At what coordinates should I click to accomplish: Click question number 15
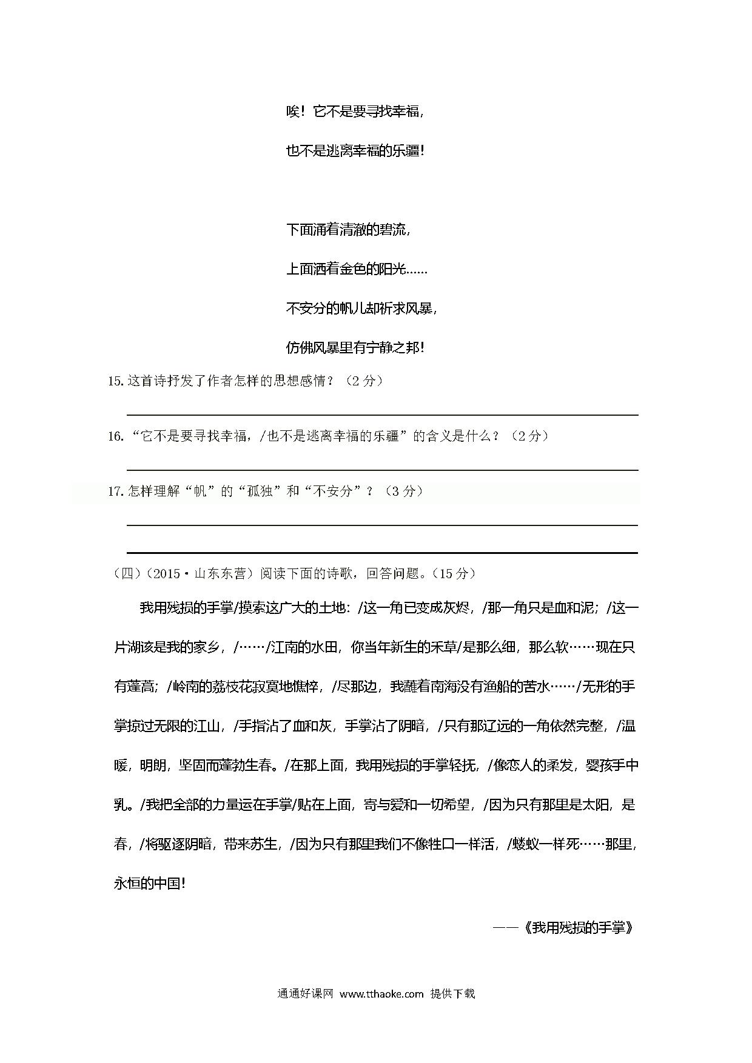point(115,381)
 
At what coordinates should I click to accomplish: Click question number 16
point(115,436)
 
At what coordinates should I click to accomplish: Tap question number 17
point(115,492)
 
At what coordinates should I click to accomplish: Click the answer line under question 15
point(382,415)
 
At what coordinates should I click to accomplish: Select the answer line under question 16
point(382,470)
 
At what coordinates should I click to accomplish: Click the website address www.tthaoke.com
point(381,993)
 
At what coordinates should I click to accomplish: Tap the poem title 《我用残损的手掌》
point(579,928)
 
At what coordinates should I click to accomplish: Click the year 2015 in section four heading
point(166,574)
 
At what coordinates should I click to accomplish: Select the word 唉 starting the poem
point(293,112)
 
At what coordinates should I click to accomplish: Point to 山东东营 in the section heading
point(220,574)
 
